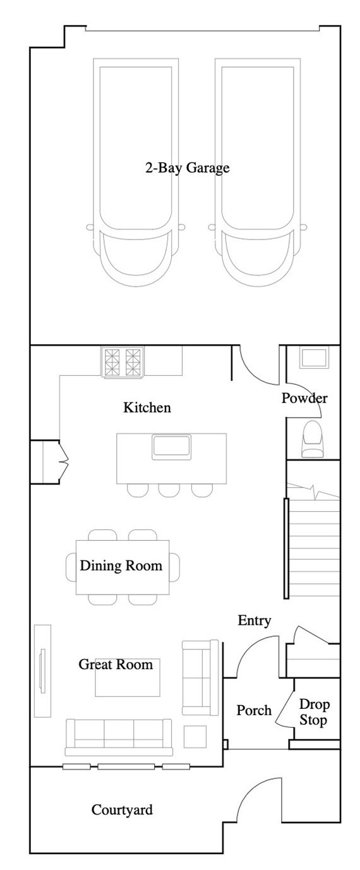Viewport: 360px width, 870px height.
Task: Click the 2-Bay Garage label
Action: [x=187, y=168]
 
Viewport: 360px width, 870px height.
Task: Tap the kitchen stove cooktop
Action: [x=122, y=362]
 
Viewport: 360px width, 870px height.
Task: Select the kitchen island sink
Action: [x=172, y=447]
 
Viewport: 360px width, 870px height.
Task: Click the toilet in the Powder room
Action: [x=313, y=440]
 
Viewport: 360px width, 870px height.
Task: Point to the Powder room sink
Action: [x=313, y=358]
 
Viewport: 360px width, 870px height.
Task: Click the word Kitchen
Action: [x=147, y=408]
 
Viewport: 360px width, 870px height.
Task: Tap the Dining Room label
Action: [x=121, y=565]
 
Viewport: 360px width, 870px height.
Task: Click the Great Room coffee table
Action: [x=128, y=678]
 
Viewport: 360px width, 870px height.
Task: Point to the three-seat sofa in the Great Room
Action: [x=119, y=737]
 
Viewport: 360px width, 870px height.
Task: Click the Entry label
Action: [x=254, y=620]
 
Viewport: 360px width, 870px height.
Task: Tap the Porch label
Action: [x=254, y=711]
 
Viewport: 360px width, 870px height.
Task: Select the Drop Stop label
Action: [x=313, y=712]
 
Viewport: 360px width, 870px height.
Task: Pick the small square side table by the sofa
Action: [x=195, y=737]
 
